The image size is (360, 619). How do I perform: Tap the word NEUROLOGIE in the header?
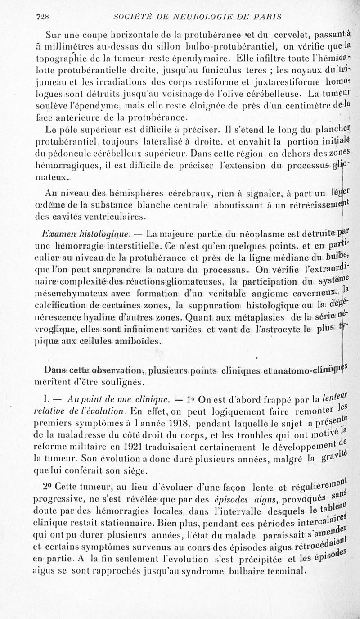196,17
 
